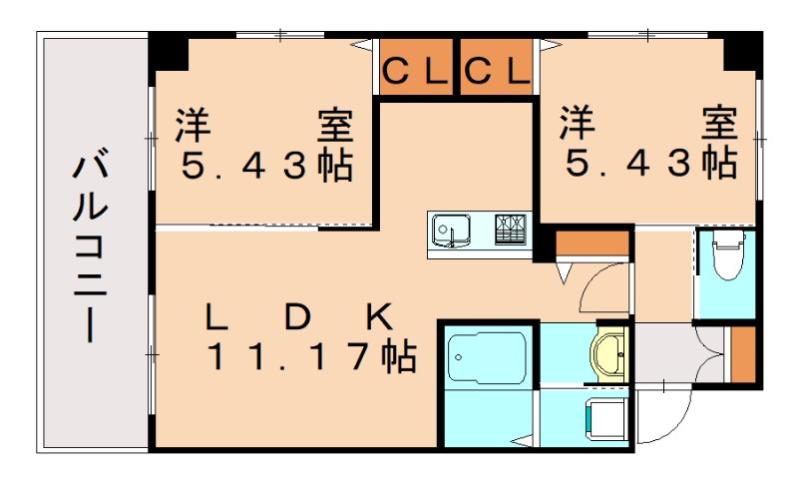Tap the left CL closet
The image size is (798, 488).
[x=415, y=71]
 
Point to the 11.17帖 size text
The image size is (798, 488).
[x=310, y=356]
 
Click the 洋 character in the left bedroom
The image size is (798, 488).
[x=193, y=126]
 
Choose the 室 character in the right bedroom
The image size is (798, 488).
[x=719, y=124]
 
